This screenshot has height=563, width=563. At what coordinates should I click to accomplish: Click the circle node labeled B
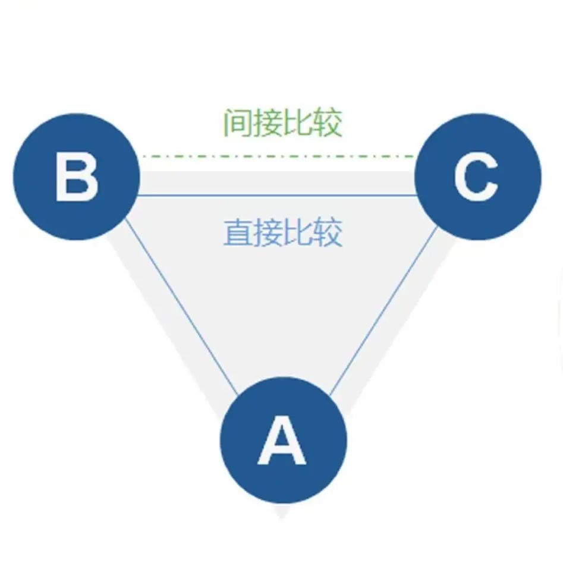(x=76, y=177)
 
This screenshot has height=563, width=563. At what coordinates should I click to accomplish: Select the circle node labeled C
(x=478, y=177)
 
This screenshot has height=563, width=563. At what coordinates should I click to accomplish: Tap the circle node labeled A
(x=284, y=439)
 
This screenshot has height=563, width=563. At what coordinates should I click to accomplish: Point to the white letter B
(x=76, y=176)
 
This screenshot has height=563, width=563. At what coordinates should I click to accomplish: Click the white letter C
(x=476, y=176)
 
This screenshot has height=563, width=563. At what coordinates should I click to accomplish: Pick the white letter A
(x=282, y=439)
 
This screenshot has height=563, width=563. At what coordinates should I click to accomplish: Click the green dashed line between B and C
(x=278, y=156)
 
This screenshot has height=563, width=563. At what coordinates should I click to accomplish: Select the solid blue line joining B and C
(x=277, y=196)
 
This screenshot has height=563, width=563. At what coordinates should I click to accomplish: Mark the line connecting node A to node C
(x=383, y=310)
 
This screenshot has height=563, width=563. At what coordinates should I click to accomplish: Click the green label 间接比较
(x=282, y=123)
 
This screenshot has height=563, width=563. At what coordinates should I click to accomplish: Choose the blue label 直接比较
(x=282, y=232)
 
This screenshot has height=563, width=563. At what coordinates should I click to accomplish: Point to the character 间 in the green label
(x=238, y=123)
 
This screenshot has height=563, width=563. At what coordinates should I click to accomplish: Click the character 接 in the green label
(x=268, y=123)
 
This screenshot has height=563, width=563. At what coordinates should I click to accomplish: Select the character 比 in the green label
(x=297, y=123)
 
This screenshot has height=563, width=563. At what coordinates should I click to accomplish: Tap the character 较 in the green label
(x=327, y=123)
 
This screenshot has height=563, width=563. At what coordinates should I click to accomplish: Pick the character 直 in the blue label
(x=238, y=232)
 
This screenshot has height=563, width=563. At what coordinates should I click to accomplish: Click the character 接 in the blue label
(x=268, y=232)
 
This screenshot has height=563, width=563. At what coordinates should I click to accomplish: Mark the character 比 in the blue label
(x=297, y=232)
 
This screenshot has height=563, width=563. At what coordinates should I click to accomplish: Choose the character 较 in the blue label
(x=327, y=232)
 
